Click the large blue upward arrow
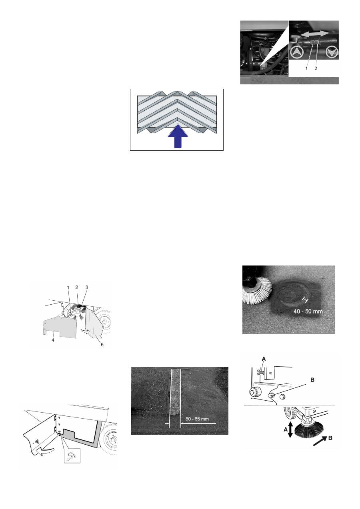pos(178,136)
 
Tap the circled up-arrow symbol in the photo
pos(297,53)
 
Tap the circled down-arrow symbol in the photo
pos(332,53)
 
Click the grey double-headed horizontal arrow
pos(314,34)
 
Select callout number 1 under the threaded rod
pos(306,68)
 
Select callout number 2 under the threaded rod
pos(316,68)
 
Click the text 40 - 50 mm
pos(308,311)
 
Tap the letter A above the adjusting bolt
pos(264,359)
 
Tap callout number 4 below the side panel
pos(53,340)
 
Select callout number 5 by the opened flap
pos(102,345)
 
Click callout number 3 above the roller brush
pos(87,287)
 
